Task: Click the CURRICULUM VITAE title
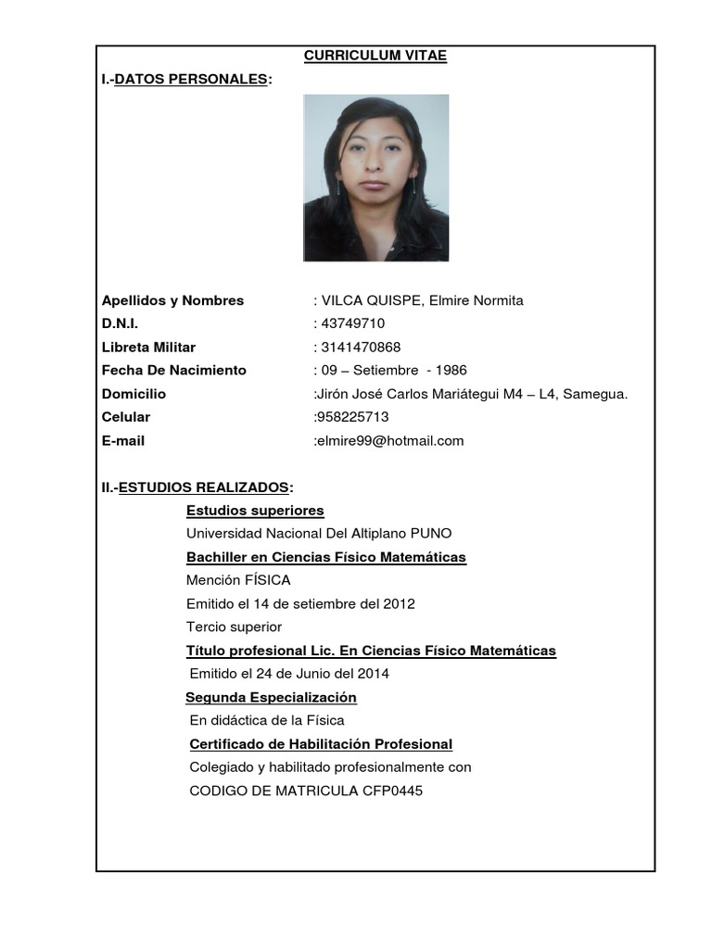(x=375, y=57)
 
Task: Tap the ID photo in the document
(x=376, y=178)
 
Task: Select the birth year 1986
(x=449, y=371)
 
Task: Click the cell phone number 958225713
(x=353, y=417)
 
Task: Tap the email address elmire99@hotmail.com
(x=390, y=441)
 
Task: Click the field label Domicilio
(x=133, y=394)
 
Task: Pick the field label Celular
(x=126, y=417)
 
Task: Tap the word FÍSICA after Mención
(x=267, y=580)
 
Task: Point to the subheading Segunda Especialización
(x=271, y=697)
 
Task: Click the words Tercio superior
(x=234, y=627)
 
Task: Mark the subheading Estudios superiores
(x=255, y=511)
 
